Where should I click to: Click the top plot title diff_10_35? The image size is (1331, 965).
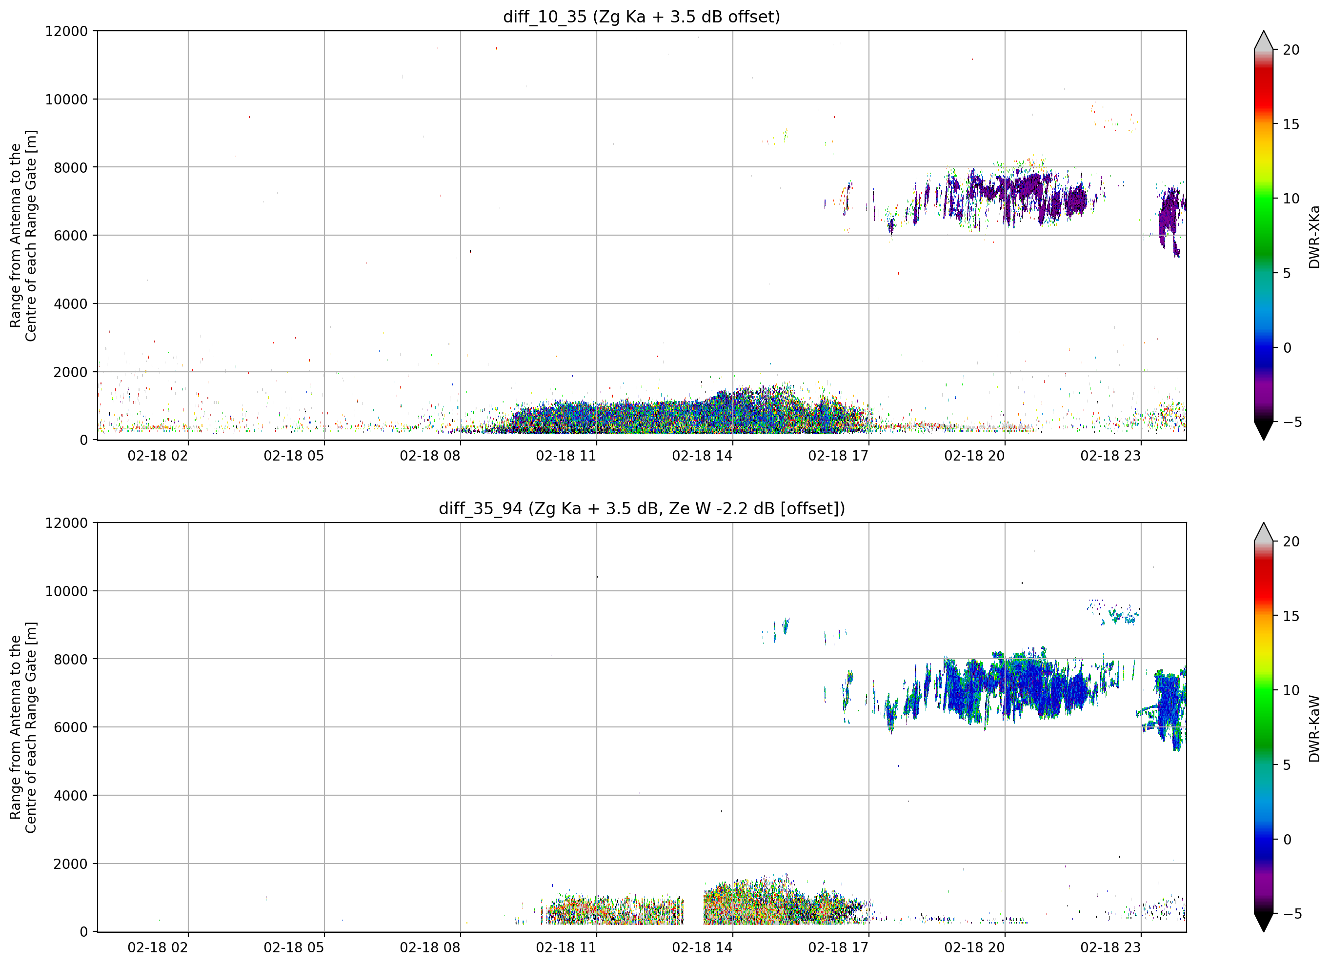pos(544,17)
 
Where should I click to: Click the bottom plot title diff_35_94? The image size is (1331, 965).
pos(480,508)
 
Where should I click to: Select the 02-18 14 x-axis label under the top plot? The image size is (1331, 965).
pos(702,456)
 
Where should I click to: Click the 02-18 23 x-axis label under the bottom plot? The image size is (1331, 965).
pos(1110,947)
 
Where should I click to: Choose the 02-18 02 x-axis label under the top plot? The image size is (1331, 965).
pos(157,456)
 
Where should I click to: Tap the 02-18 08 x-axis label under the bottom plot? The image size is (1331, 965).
pos(429,947)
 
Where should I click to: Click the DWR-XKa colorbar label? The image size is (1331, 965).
pos(1314,237)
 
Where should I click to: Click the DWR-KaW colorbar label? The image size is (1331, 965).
pos(1314,729)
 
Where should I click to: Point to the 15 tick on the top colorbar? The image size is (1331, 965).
pos(1291,124)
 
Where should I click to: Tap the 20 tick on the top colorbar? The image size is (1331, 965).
pos(1291,50)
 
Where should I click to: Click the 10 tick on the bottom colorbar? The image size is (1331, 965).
pos(1291,690)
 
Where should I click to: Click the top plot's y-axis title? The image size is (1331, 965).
pos(23,235)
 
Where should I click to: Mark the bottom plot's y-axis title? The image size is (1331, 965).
pos(23,727)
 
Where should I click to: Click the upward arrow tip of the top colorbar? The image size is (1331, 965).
pos(1264,32)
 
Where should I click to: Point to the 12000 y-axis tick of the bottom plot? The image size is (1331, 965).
pos(66,523)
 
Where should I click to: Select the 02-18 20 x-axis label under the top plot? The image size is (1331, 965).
pos(974,456)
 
